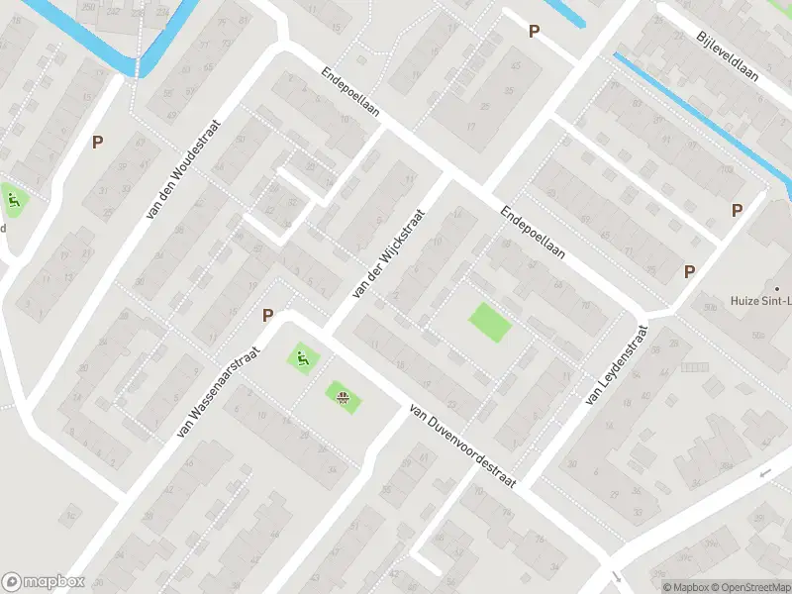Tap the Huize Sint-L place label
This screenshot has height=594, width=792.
[x=759, y=300]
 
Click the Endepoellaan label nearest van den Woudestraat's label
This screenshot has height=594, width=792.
[x=351, y=94]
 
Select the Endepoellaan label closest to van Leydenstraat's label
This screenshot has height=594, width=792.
[x=532, y=233]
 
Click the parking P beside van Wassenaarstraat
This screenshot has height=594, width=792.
[x=267, y=315]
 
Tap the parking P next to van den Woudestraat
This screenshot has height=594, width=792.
[x=97, y=142]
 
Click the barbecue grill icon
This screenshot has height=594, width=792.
[x=344, y=398]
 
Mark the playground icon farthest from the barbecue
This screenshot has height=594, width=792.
[x=13, y=203]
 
